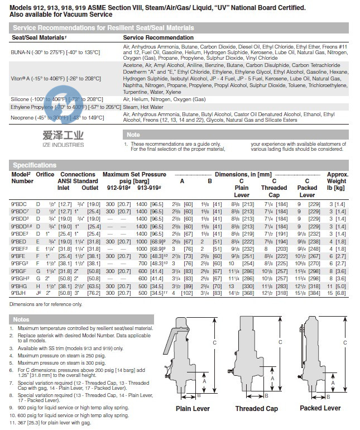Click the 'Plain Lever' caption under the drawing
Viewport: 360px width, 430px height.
193,409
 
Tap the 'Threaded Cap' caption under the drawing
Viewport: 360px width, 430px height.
256,409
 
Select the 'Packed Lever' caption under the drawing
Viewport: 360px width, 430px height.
320,408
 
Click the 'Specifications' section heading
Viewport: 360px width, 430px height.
35,165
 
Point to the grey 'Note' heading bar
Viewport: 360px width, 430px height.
134,135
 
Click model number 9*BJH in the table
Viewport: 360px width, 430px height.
20,292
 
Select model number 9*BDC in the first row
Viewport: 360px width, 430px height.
20,205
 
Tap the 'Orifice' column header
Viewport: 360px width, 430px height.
45,174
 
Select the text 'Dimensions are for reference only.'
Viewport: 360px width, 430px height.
46,304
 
